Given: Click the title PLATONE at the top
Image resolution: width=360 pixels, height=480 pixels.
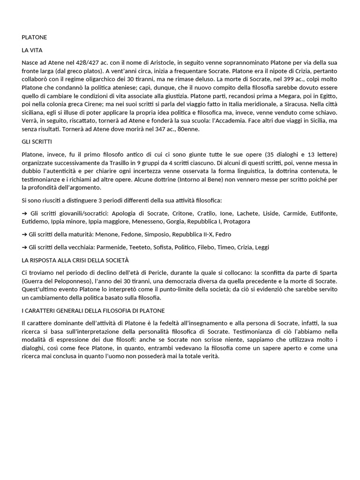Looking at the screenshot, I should [34, 37].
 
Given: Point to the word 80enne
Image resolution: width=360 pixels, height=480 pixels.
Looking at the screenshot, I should [188, 130].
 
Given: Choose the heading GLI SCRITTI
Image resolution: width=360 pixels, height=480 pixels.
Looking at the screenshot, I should [37, 142].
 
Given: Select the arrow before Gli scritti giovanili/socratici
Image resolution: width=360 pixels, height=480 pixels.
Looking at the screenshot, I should [25, 213].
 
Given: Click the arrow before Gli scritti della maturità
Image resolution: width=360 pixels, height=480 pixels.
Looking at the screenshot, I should [25, 234].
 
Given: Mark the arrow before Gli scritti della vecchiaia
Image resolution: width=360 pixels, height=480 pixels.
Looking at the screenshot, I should [25, 247].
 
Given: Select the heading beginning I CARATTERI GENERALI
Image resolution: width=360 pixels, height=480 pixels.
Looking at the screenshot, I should [93, 310].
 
